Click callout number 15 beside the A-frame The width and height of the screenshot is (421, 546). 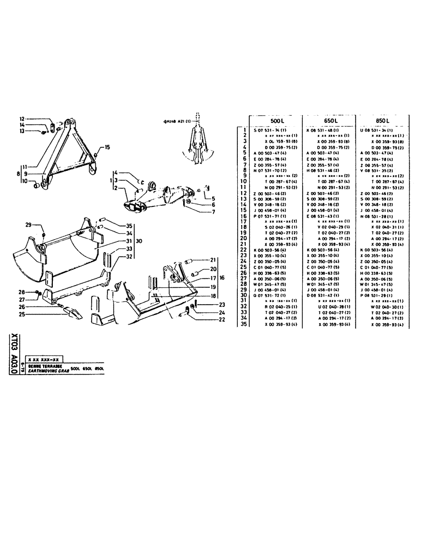(107, 147)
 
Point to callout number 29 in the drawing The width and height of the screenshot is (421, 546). (28, 225)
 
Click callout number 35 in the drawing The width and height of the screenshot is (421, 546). (129, 225)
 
